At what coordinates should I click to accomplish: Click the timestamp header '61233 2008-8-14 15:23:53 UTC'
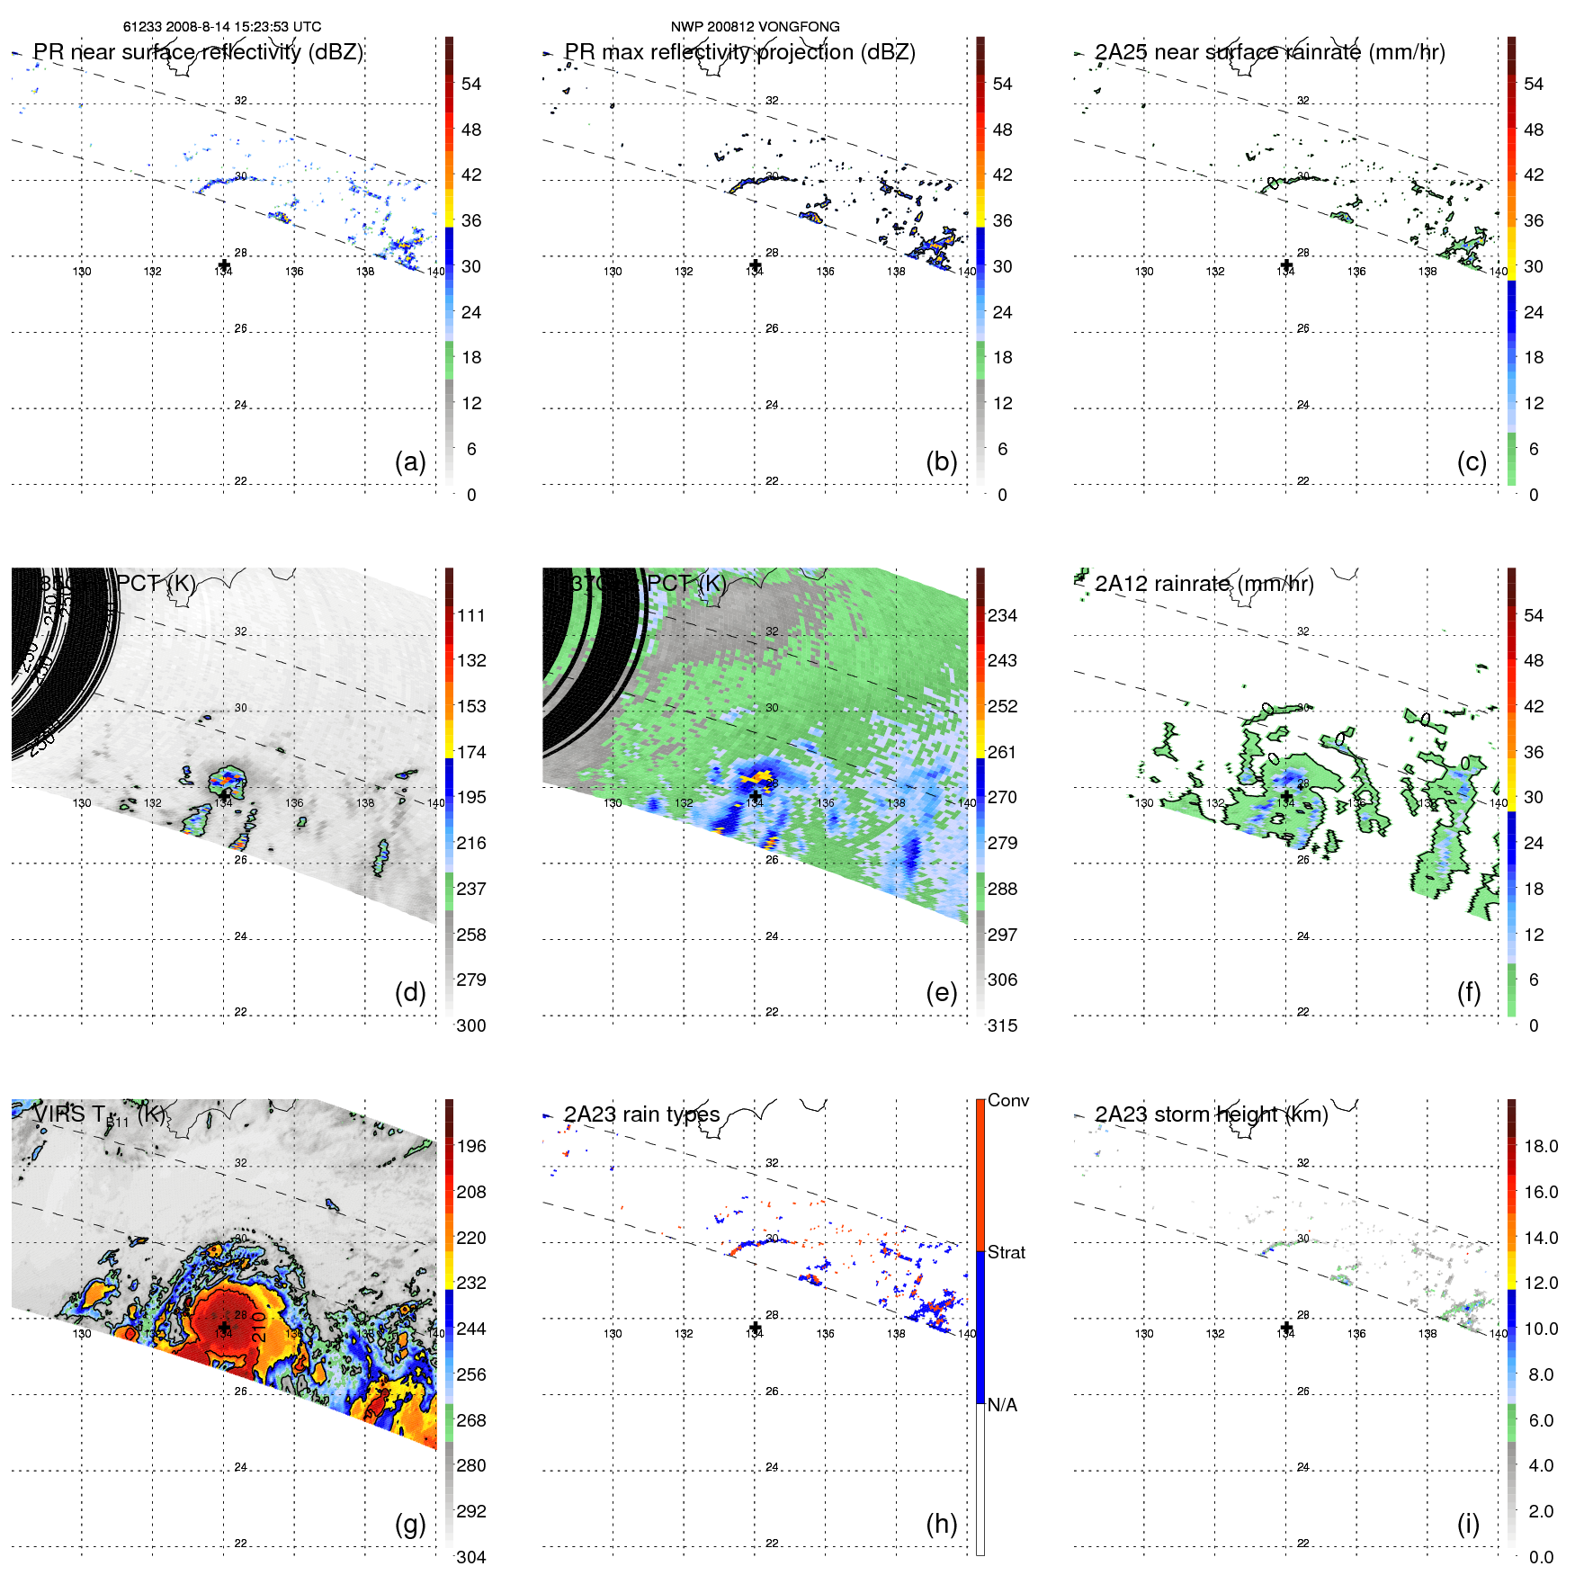coord(222,27)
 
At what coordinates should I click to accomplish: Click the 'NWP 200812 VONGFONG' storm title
coord(755,27)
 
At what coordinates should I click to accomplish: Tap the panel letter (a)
coord(410,461)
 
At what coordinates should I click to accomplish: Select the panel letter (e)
coord(941,992)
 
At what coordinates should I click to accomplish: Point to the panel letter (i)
coord(1468,1524)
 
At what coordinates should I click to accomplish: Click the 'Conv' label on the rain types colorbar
coord(1007,1100)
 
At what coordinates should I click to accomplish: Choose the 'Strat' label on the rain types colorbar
coord(1006,1252)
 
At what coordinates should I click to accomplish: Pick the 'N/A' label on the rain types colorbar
coord(1002,1405)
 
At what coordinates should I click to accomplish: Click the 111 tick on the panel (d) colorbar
coord(471,615)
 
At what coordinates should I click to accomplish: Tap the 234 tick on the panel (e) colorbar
coord(1002,615)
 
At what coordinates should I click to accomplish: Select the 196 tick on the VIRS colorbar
coord(471,1146)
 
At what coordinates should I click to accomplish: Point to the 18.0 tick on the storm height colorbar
coord(1541,1146)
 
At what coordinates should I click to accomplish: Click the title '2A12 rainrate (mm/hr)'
coord(1204,584)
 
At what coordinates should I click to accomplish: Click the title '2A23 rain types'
coord(641,1114)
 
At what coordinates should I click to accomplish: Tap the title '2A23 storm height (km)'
coord(1211,1114)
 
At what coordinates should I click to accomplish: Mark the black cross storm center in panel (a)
coord(224,264)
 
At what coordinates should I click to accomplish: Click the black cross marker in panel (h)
coord(755,1328)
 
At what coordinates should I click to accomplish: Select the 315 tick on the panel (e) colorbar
coord(1002,1025)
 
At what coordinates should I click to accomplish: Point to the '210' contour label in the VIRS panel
coord(259,1327)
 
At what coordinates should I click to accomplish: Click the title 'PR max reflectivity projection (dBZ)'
coord(739,52)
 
